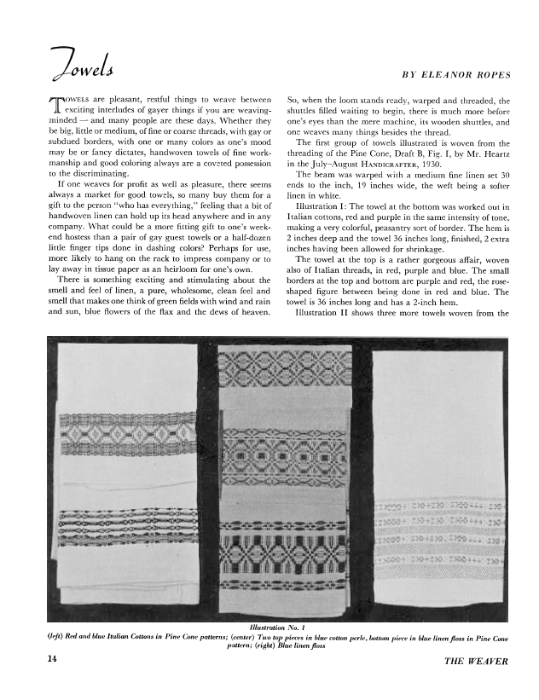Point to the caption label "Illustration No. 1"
click(x=270, y=628)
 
